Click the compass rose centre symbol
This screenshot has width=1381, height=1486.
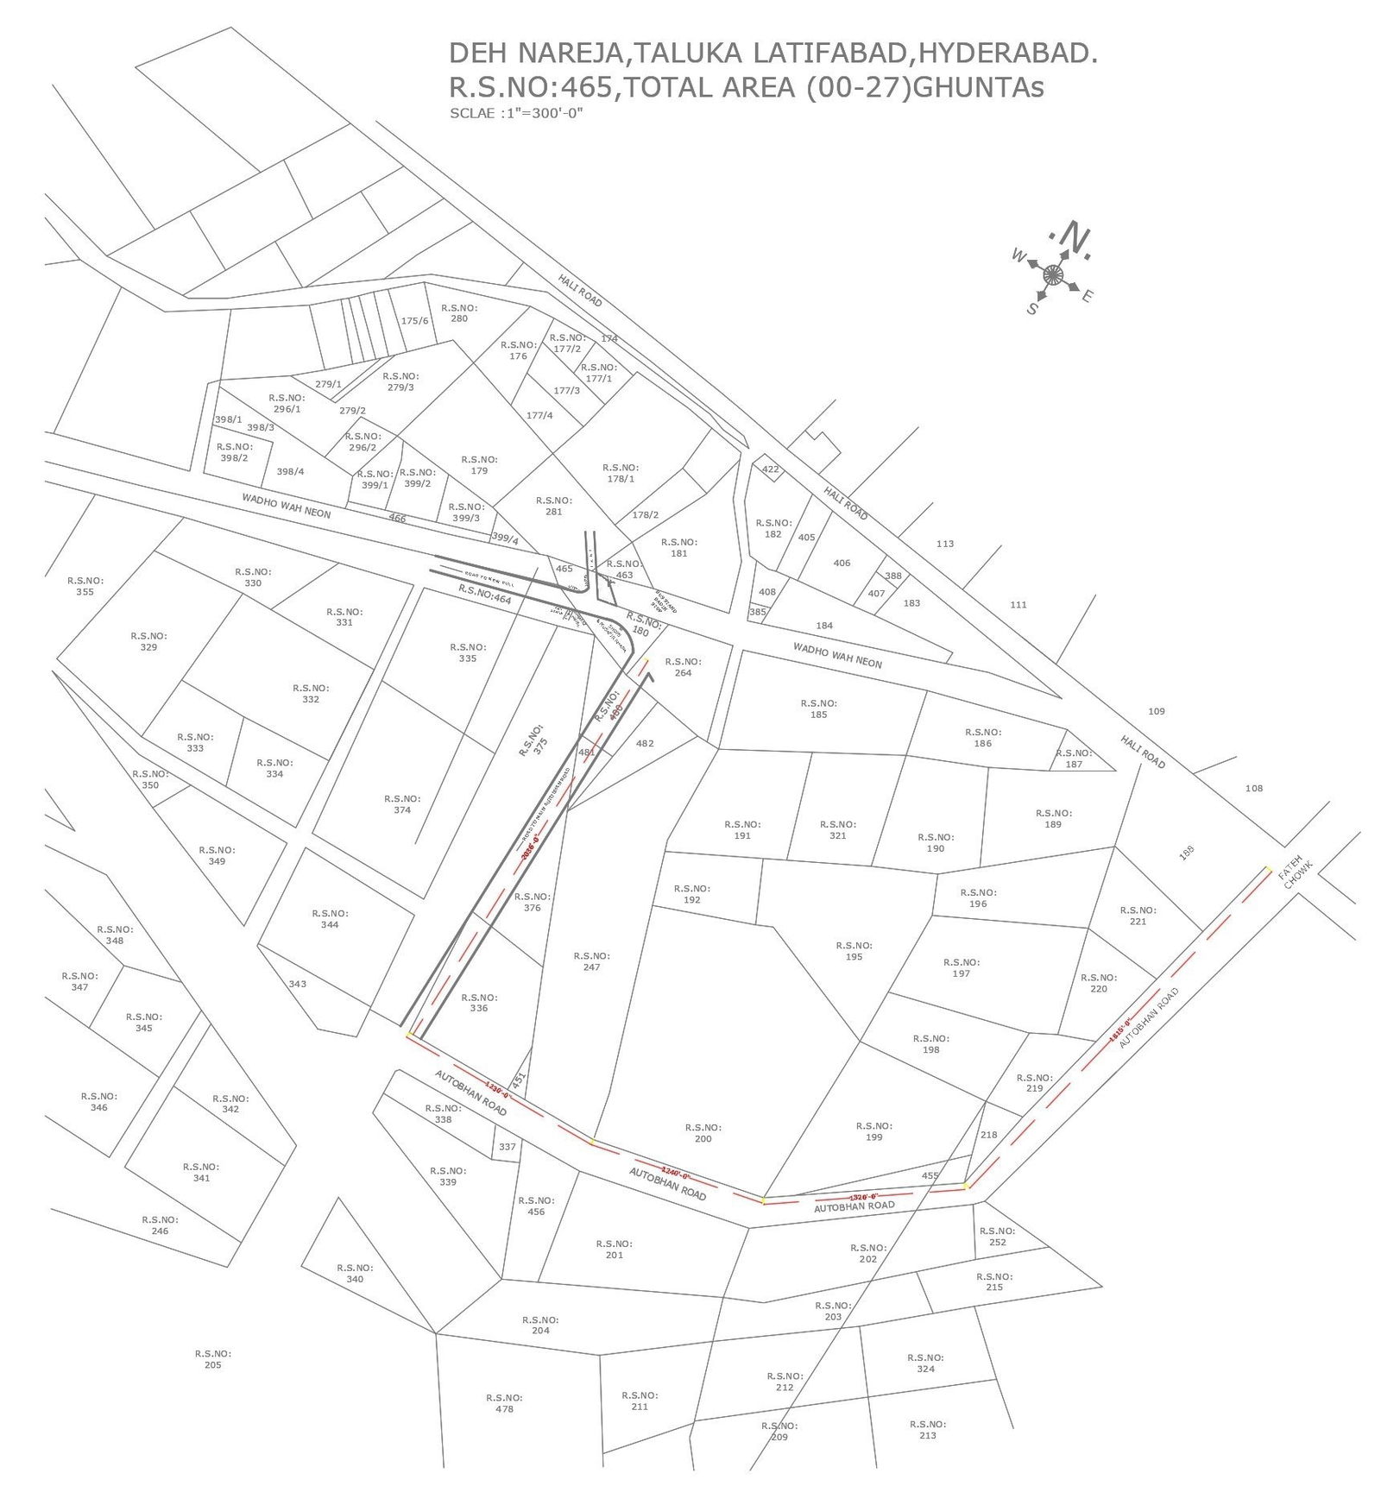[1052, 275]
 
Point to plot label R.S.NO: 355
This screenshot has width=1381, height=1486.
[85, 586]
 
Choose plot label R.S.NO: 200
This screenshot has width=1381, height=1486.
[703, 1133]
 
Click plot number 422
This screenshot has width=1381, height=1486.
[770, 469]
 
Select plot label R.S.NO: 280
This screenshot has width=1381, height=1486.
[458, 312]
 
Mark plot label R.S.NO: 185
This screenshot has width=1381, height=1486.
[818, 708]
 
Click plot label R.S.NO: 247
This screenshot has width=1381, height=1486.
[591, 961]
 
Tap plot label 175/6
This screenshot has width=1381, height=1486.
[414, 321]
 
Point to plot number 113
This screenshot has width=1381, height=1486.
[945, 544]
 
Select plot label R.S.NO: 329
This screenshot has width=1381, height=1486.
[148, 641]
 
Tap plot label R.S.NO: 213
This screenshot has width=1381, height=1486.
[927, 1430]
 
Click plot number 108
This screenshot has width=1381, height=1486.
[1253, 788]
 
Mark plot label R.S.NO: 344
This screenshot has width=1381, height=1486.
[330, 919]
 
